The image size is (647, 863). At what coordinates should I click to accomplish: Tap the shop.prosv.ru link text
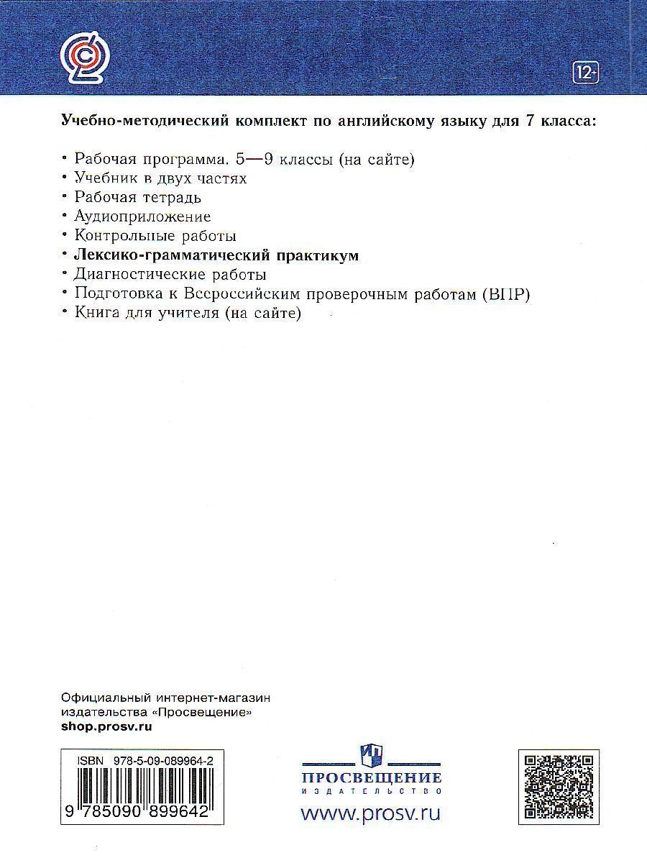tap(107, 726)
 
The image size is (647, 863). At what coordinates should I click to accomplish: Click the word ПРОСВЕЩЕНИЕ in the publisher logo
tap(370, 777)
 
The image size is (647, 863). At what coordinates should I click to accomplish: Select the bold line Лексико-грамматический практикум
tap(216, 255)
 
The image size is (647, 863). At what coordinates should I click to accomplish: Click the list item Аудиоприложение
tap(142, 216)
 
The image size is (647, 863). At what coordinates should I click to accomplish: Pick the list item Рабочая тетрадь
tap(137, 197)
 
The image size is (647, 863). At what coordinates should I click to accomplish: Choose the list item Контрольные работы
tap(155, 236)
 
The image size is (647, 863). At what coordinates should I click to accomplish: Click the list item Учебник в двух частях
tap(160, 178)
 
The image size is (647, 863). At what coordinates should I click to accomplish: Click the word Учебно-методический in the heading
tap(143, 120)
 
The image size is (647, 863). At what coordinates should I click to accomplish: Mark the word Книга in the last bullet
tap(93, 314)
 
